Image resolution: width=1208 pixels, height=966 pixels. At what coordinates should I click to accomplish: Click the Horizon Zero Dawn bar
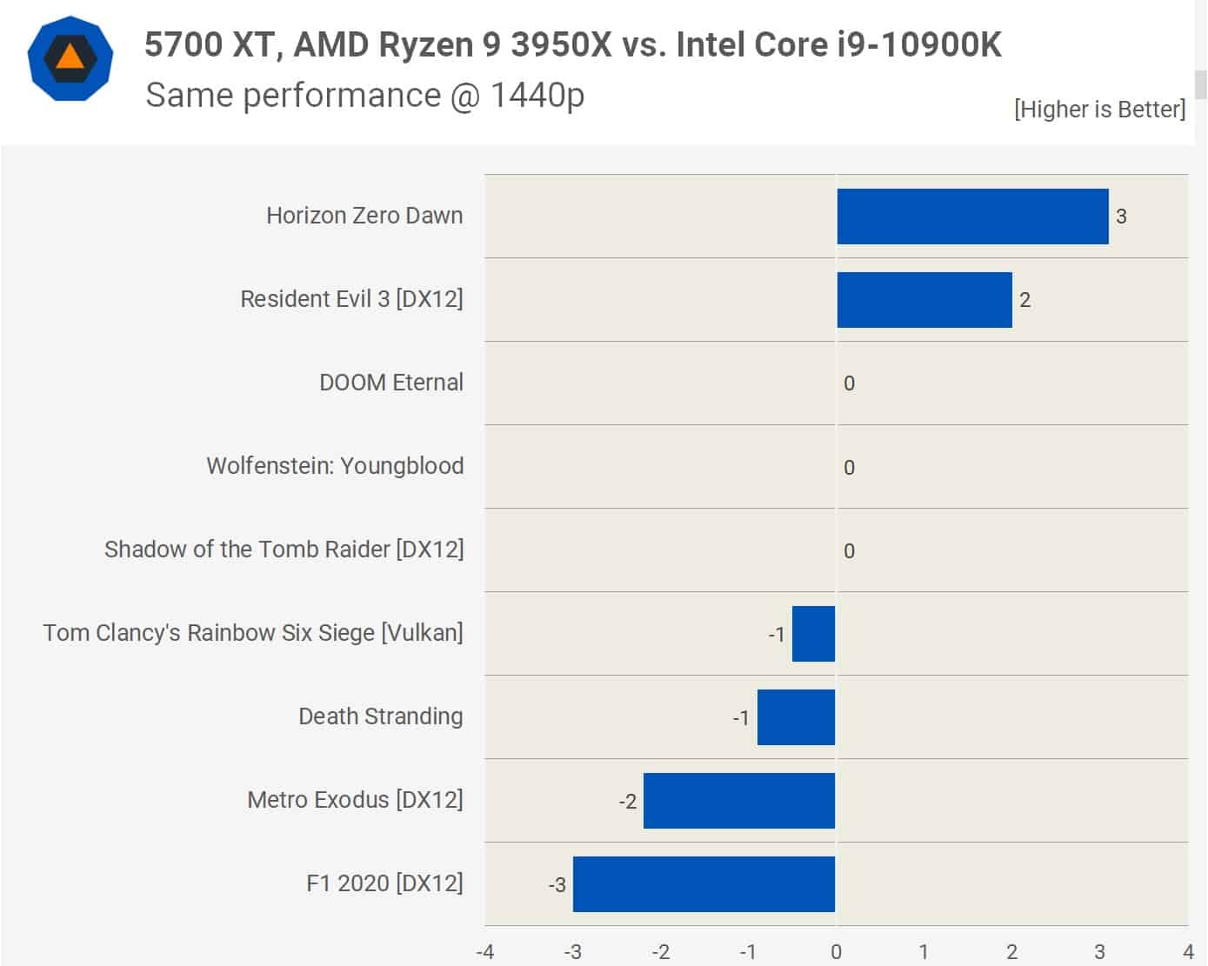point(972,217)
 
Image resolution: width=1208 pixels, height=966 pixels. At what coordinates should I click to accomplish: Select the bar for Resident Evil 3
point(924,300)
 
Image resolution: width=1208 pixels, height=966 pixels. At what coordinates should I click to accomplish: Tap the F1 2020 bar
point(704,884)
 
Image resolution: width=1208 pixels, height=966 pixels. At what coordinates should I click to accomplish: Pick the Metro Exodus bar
point(739,801)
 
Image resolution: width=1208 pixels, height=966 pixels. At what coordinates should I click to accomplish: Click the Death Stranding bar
point(796,717)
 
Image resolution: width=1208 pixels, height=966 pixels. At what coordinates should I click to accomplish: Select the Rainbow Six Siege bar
point(813,634)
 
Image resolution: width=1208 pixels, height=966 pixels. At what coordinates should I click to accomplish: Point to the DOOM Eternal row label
point(390,383)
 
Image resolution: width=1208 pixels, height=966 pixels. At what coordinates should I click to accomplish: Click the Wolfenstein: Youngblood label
point(335,466)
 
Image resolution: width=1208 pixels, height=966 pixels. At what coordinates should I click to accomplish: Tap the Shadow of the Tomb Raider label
point(284,550)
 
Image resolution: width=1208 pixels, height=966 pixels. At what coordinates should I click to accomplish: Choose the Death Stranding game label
point(380,716)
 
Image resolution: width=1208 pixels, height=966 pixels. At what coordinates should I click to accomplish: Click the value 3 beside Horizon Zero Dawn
point(1121,217)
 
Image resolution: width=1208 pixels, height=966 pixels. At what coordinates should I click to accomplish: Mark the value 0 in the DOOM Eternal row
point(849,383)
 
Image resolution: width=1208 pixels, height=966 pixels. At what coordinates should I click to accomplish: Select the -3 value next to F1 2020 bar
point(557,885)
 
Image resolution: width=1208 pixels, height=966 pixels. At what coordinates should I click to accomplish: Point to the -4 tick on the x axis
point(484,952)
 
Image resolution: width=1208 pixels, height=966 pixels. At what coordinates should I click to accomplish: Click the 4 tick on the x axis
point(1188,952)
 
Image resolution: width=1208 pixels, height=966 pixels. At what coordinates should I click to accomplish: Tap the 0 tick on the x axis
point(836,952)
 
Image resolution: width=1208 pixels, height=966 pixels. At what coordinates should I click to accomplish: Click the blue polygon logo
point(70,58)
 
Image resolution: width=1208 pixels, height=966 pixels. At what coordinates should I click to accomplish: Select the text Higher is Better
point(1099,109)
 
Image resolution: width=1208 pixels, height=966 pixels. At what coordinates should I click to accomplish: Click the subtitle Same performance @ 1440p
point(364,95)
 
